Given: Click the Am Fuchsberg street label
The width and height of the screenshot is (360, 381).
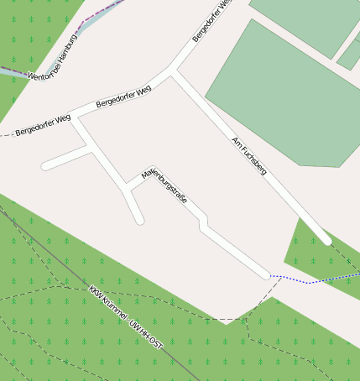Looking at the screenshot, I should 248,155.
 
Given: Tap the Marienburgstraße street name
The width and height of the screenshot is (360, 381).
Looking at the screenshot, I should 164,185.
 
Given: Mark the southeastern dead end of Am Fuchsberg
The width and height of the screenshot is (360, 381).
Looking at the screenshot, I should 326,240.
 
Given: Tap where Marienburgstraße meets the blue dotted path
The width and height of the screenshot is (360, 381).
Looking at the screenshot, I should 267,274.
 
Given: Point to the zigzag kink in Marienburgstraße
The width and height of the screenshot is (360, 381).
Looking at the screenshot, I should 202,222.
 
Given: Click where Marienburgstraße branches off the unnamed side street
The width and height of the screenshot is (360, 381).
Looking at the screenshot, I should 128,185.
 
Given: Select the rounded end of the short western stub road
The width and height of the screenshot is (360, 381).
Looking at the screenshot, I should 44,166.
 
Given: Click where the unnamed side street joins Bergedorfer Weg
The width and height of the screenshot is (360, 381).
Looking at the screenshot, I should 75,117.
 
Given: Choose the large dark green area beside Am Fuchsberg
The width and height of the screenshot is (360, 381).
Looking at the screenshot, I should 277,92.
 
